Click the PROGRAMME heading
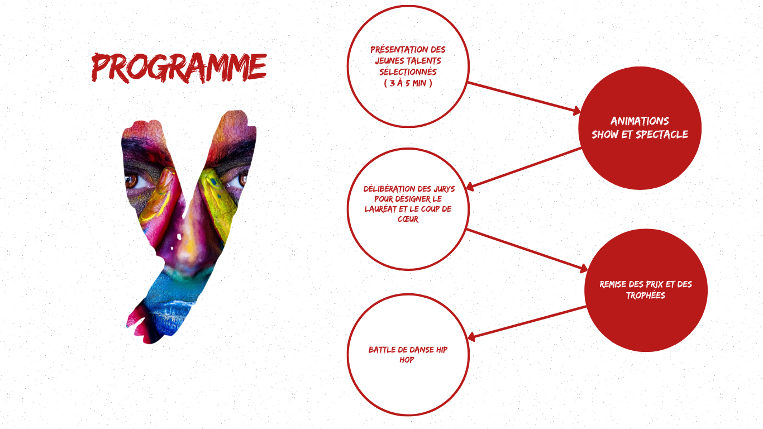pos(179,68)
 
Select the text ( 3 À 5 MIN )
pos(408,83)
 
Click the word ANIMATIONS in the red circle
pos(640,121)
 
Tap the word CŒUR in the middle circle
pos(408,219)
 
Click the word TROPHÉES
pos(646,295)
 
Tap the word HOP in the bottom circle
pos(407,360)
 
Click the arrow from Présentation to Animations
pos(524,97)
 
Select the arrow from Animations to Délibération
pos(523,168)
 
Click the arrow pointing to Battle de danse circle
pos(527,323)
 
